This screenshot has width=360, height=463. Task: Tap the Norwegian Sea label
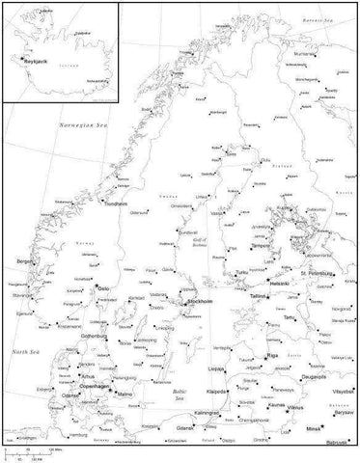[82, 125]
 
